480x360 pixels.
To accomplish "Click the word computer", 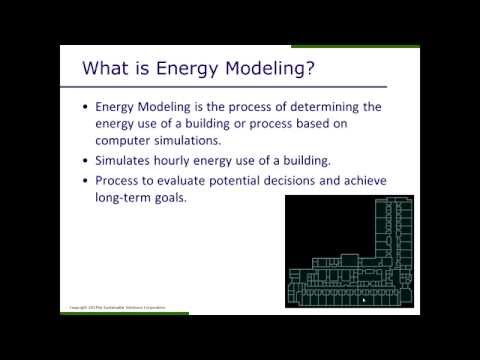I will point(127,140).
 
